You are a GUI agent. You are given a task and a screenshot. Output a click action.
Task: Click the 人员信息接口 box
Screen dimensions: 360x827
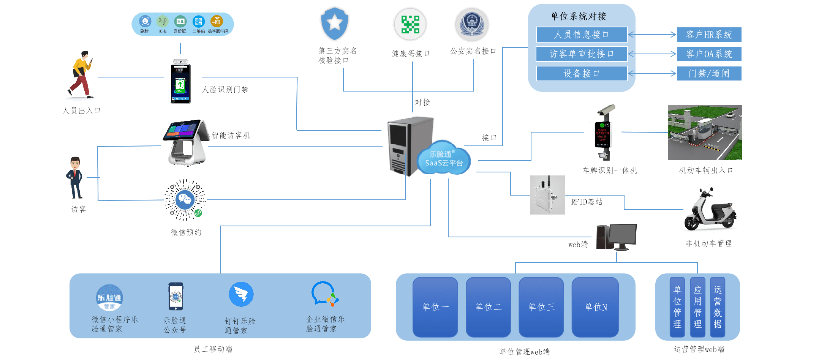pyautogui.click(x=581, y=35)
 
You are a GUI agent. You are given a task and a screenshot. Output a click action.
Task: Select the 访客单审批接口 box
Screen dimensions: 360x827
pyautogui.click(x=581, y=54)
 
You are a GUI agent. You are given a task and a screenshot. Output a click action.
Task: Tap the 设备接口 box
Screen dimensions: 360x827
pyautogui.click(x=581, y=73)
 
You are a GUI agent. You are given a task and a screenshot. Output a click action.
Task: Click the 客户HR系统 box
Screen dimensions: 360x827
pyautogui.click(x=709, y=35)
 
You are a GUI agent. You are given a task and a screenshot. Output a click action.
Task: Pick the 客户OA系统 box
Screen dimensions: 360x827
pyautogui.click(x=709, y=54)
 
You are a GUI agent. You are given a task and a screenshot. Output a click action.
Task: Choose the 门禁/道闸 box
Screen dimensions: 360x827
pyautogui.click(x=709, y=73)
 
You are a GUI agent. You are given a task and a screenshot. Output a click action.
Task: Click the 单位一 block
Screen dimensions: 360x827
pyautogui.click(x=435, y=307)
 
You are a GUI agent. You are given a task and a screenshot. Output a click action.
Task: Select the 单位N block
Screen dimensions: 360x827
pyautogui.click(x=595, y=307)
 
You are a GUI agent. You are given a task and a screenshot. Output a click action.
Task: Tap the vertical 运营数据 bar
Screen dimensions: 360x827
pyautogui.click(x=717, y=307)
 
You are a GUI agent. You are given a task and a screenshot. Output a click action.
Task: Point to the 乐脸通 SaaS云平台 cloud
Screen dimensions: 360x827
pyautogui.click(x=444, y=159)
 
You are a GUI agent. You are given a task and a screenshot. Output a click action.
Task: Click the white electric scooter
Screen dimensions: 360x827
pyautogui.click(x=710, y=210)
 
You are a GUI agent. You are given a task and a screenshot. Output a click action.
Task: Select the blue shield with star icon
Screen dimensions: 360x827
pyautogui.click(x=335, y=24)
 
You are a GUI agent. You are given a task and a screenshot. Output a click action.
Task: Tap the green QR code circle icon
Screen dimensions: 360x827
pyautogui.click(x=410, y=24)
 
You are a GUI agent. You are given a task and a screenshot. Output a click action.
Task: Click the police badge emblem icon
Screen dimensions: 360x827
pyautogui.click(x=472, y=24)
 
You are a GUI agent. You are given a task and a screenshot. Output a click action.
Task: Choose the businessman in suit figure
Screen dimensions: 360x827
pyautogui.click(x=75, y=177)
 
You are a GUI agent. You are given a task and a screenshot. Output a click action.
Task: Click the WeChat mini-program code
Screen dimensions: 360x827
pyautogui.click(x=185, y=200)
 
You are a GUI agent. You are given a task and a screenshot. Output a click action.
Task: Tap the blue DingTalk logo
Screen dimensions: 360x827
pyautogui.click(x=241, y=294)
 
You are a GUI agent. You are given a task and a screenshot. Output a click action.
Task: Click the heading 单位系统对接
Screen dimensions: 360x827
pyautogui.click(x=578, y=16)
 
